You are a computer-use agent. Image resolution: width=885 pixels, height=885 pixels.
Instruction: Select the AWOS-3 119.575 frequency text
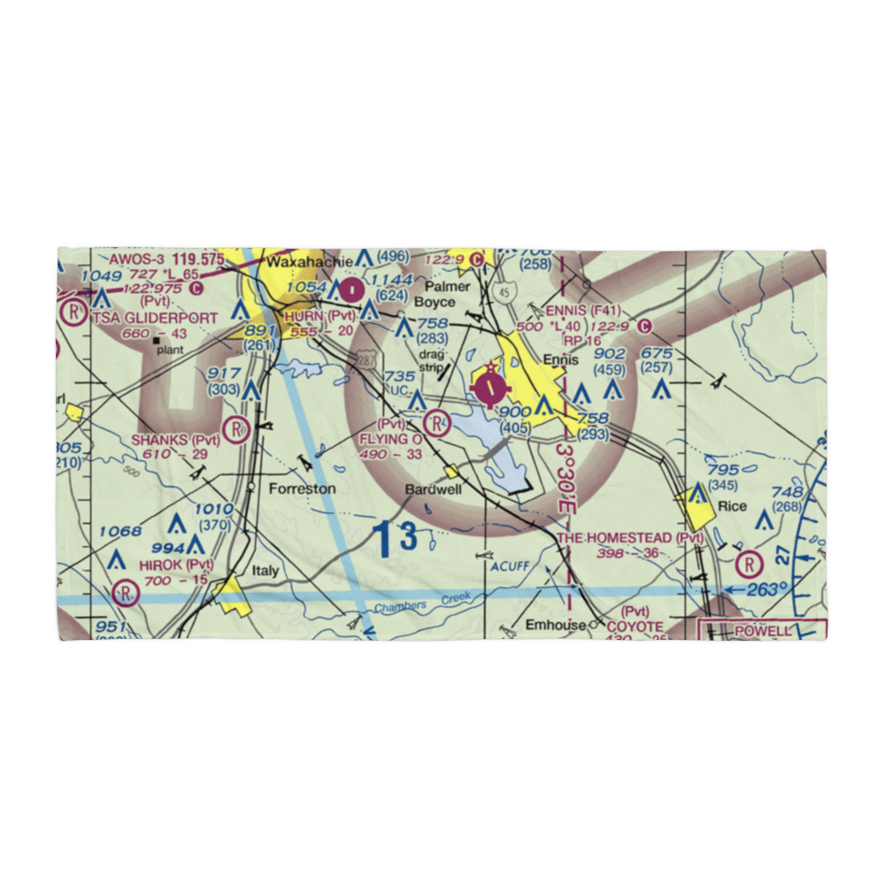point(166,260)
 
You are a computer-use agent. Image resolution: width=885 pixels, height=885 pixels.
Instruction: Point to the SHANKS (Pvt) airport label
point(175,440)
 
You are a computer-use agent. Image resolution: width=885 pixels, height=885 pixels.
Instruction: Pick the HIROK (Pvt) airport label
point(175,565)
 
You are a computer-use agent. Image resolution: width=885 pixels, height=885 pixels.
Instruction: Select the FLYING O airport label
point(390,439)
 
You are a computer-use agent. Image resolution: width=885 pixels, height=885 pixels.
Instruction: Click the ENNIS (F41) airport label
point(583,311)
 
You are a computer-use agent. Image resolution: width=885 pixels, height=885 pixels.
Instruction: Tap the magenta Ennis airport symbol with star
point(490,386)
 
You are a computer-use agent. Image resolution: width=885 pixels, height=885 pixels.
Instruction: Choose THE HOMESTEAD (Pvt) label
point(630,538)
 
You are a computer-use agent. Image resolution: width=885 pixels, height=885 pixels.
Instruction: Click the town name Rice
point(732,506)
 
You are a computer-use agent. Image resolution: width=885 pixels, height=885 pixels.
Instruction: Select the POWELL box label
point(764,631)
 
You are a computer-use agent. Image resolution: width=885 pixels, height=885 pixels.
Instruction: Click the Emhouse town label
point(555,625)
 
